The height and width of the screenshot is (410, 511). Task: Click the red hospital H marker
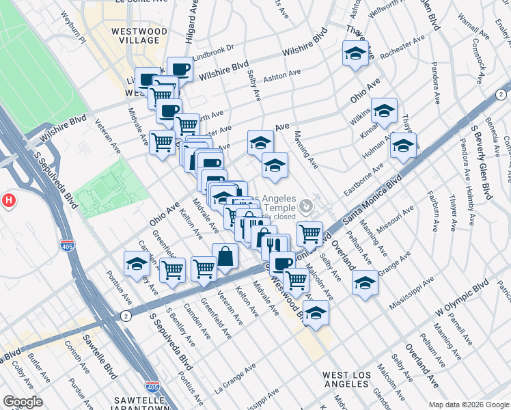(8, 200)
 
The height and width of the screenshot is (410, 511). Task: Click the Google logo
(23, 402)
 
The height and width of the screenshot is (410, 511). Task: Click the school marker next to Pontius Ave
(137, 264)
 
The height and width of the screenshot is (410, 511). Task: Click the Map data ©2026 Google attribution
(468, 405)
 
